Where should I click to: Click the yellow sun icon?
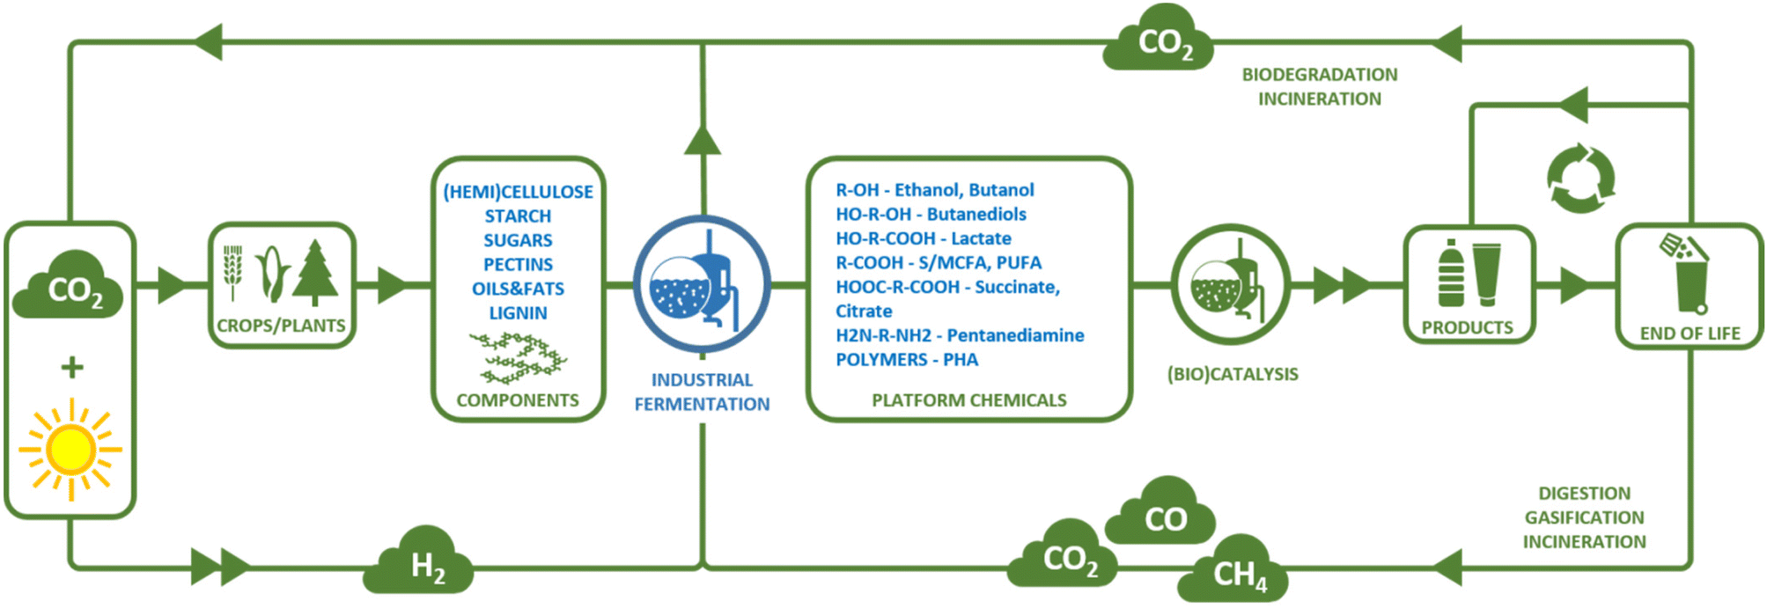click(70, 450)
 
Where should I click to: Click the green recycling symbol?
click(1581, 179)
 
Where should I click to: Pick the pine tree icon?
click(315, 273)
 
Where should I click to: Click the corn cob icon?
click(272, 273)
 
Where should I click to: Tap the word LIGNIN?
click(518, 313)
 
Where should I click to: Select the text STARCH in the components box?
click(518, 216)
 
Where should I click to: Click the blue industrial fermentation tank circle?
click(702, 284)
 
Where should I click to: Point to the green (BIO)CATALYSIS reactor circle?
click(1231, 284)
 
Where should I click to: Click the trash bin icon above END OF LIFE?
click(1687, 275)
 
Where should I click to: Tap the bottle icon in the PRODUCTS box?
click(1451, 275)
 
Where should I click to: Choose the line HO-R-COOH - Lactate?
click(923, 238)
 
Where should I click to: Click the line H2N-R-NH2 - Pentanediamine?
click(960, 335)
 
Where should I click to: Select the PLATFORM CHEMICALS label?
click(968, 400)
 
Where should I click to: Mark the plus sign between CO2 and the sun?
click(72, 367)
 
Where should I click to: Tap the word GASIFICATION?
click(1584, 517)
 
